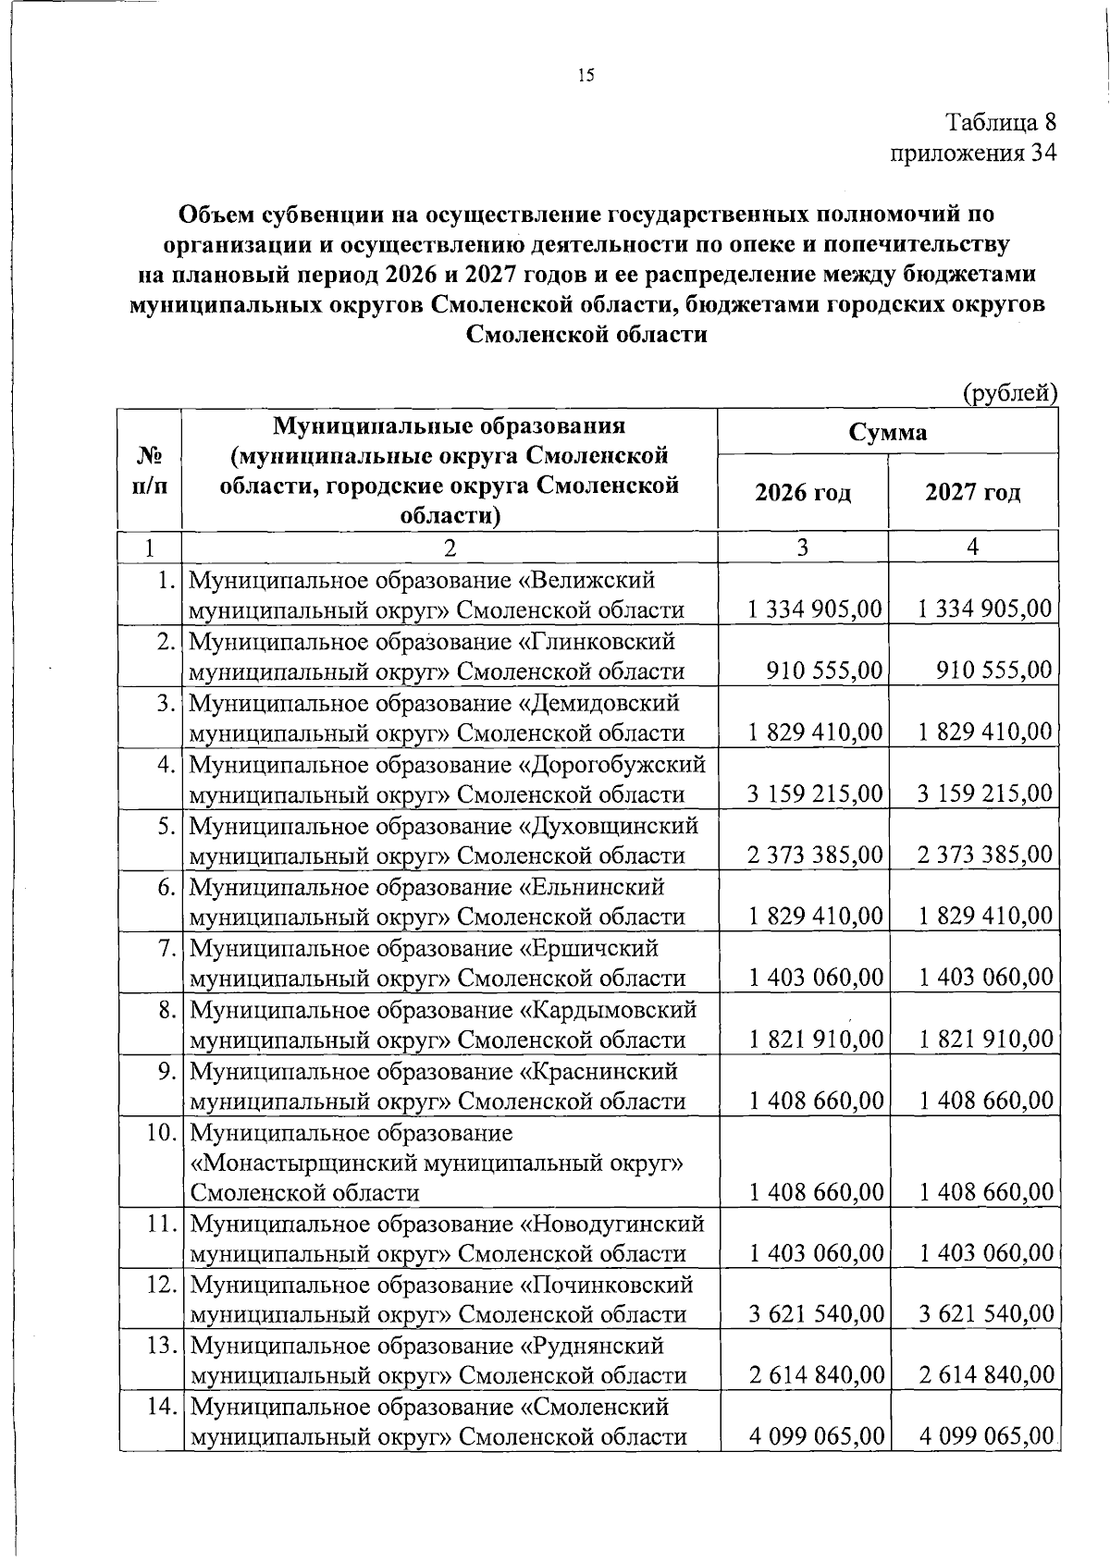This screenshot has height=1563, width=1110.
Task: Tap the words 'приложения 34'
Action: (x=972, y=153)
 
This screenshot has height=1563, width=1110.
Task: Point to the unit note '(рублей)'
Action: (x=1010, y=394)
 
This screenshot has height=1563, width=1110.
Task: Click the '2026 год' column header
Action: (x=803, y=492)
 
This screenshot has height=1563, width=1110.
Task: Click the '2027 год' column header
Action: (x=973, y=492)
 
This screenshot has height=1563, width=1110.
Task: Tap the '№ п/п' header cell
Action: (x=150, y=471)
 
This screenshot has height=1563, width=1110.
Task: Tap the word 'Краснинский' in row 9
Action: (x=605, y=1071)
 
